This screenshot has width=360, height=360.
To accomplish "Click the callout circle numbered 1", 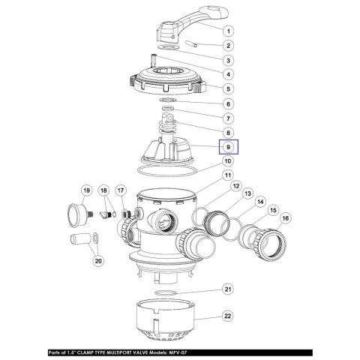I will point(228,32).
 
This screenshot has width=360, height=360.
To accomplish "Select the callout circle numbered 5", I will point(228,88).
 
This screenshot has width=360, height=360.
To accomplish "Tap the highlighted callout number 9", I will point(228,148).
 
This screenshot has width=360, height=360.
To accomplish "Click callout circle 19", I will point(86,190).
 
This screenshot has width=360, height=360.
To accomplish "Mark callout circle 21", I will point(228,289).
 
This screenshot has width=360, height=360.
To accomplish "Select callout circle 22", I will point(228,318).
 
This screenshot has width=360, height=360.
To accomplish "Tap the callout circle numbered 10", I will point(228,160).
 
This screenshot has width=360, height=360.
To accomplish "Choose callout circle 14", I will point(259,202).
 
